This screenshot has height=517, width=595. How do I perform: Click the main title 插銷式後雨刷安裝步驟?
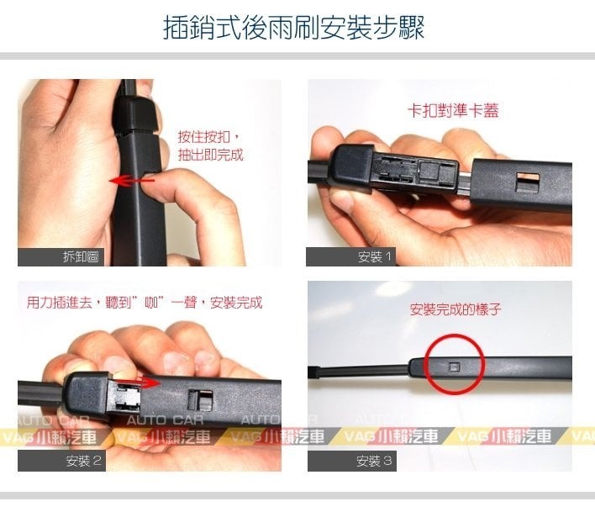[293, 27]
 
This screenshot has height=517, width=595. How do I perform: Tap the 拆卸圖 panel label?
[81, 257]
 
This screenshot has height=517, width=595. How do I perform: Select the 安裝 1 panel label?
[374, 257]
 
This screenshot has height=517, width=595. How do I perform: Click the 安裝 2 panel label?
[83, 461]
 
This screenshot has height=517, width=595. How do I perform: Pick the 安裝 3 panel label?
[374, 462]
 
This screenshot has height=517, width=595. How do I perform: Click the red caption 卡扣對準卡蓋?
[453, 110]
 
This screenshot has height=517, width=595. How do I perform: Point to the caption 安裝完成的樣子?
[455, 309]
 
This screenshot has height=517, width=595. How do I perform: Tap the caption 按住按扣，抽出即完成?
[210, 145]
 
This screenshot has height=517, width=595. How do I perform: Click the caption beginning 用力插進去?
[145, 303]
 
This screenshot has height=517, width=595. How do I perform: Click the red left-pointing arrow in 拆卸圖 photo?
[131, 181]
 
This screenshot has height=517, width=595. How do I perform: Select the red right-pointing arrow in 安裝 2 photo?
[138, 382]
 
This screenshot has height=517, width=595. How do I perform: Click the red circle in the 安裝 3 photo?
[454, 335]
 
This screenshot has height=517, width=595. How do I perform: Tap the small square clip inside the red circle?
[454, 367]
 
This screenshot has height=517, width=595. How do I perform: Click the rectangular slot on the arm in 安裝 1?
[528, 182]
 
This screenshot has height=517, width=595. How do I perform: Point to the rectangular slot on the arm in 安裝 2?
[200, 399]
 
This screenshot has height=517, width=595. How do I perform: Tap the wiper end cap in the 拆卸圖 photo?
[136, 113]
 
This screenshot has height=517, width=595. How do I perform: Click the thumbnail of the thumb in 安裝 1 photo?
[345, 199]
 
